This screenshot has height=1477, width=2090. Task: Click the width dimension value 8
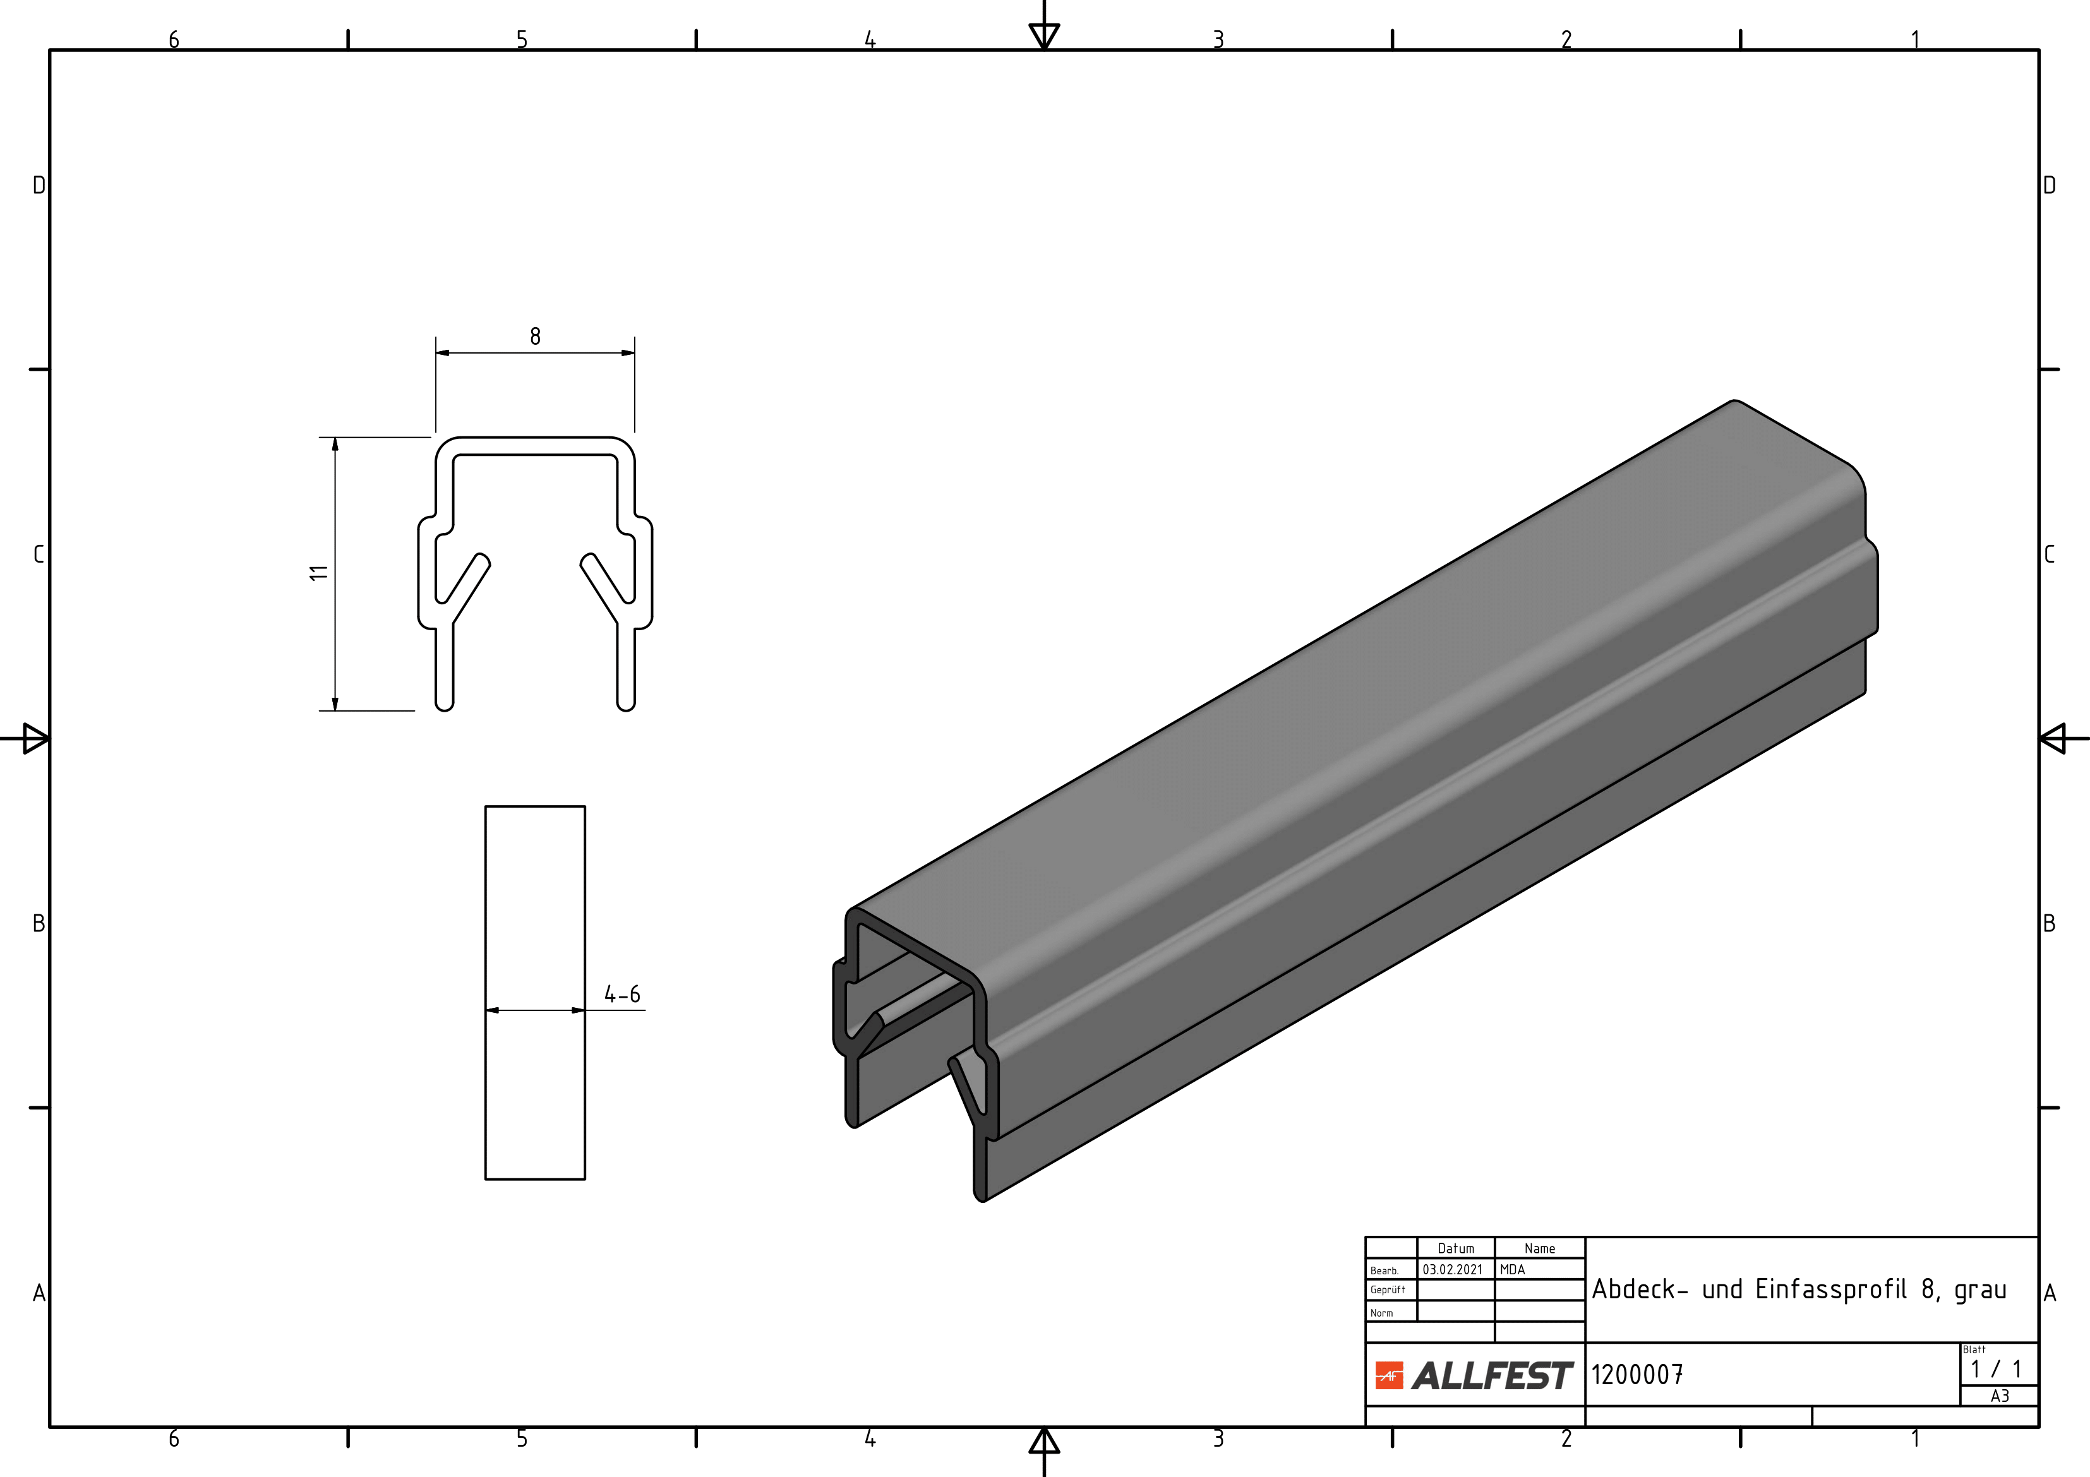click(x=535, y=337)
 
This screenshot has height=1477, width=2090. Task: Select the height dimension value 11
click(x=318, y=572)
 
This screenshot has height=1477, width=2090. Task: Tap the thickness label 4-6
click(x=623, y=995)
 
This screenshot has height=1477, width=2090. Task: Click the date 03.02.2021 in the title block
click(x=1453, y=1269)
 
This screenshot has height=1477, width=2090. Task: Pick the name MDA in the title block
click(x=1513, y=1269)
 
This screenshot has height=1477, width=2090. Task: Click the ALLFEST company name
click(x=1492, y=1376)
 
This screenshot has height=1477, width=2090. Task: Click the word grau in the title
click(x=1981, y=1291)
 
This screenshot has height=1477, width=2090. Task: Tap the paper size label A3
click(x=2000, y=1396)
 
